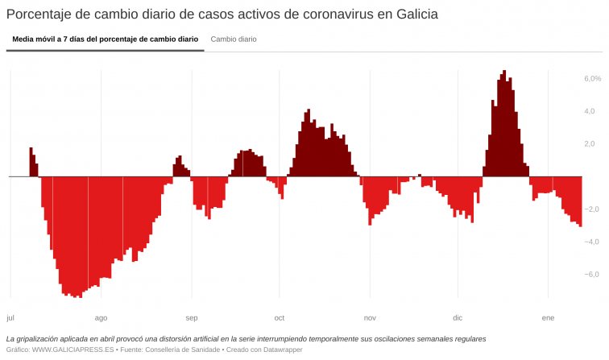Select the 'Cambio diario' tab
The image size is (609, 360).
(x=234, y=39)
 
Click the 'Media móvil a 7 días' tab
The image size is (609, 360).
(x=106, y=39)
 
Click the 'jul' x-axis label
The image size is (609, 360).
(x=10, y=317)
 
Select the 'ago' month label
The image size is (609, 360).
(x=101, y=317)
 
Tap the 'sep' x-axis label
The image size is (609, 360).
(x=192, y=317)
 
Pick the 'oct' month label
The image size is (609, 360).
(x=280, y=317)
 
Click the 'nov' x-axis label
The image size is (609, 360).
(x=370, y=317)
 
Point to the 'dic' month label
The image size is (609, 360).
(x=458, y=317)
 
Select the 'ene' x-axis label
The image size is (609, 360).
(x=548, y=317)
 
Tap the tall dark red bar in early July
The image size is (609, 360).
(x=31, y=162)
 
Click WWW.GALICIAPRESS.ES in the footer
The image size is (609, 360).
(x=72, y=350)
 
